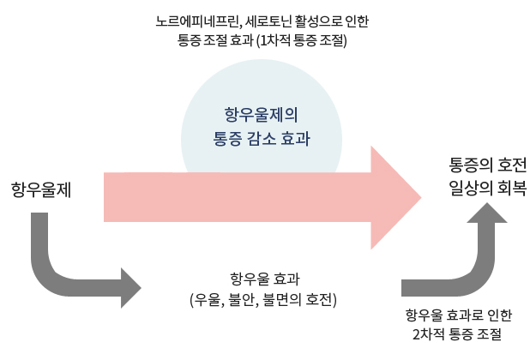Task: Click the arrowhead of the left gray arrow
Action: pos(131,288)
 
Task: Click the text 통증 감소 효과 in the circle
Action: pos(261,137)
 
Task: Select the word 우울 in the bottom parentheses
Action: pos(210,299)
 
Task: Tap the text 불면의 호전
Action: pos(302,299)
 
